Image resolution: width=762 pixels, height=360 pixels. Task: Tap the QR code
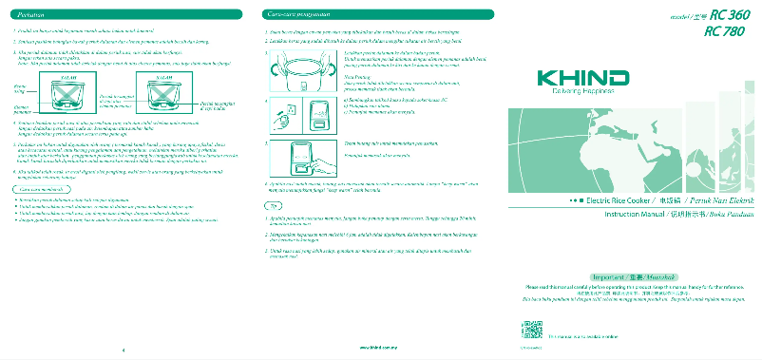coord(531,332)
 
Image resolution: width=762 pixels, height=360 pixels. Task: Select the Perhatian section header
coord(34,15)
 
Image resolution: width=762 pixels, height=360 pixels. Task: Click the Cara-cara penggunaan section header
coord(296,15)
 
